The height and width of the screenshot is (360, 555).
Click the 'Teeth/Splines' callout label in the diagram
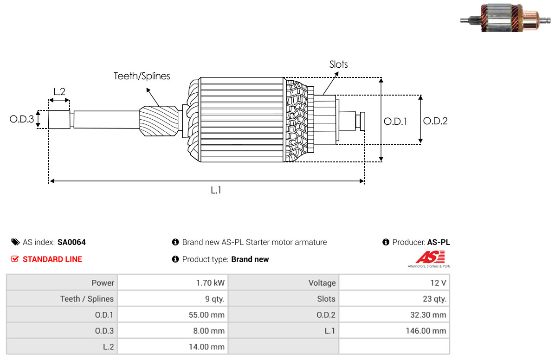click(x=142, y=76)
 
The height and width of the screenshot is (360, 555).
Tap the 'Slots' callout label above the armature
click(x=338, y=64)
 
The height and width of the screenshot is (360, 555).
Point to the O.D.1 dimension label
click(x=395, y=121)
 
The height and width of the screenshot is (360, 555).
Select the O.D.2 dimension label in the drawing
click(x=435, y=121)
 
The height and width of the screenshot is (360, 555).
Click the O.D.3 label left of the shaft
click(x=22, y=120)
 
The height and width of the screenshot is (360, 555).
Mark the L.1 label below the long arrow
click(x=216, y=190)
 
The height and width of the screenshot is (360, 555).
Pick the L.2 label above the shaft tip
click(x=59, y=91)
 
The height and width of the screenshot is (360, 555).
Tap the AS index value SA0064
click(x=71, y=242)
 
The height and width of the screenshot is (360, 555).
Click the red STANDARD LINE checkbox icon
click(x=15, y=259)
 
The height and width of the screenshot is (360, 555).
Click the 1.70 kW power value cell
click(x=172, y=283)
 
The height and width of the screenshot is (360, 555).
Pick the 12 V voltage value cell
click(x=394, y=283)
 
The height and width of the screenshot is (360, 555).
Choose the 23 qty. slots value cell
click(x=394, y=299)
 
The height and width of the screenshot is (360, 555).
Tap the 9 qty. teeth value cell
click(x=172, y=299)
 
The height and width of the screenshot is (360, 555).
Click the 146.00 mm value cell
click(x=394, y=331)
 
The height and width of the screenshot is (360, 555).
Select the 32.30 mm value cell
click(x=394, y=315)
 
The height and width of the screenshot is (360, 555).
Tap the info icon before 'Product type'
click(x=175, y=259)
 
